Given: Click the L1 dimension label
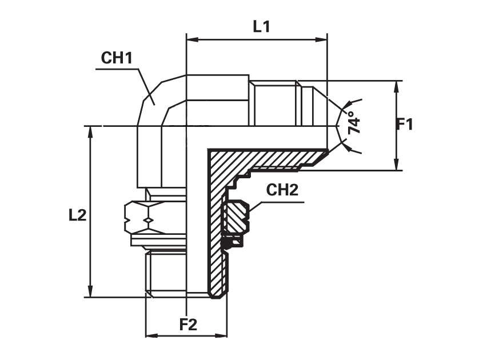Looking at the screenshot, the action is [x=262, y=27].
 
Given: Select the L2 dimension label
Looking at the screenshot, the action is [x=77, y=215].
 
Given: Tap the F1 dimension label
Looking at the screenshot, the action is [x=404, y=125].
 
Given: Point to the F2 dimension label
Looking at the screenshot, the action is [x=188, y=325].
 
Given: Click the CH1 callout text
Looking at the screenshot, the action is [x=117, y=58].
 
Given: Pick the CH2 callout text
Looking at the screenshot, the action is [x=282, y=190].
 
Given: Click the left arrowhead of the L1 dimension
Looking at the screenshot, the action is [x=192, y=40].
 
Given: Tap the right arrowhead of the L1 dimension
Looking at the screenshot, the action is [x=321, y=40].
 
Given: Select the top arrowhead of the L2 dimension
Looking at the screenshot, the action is [x=90, y=132].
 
